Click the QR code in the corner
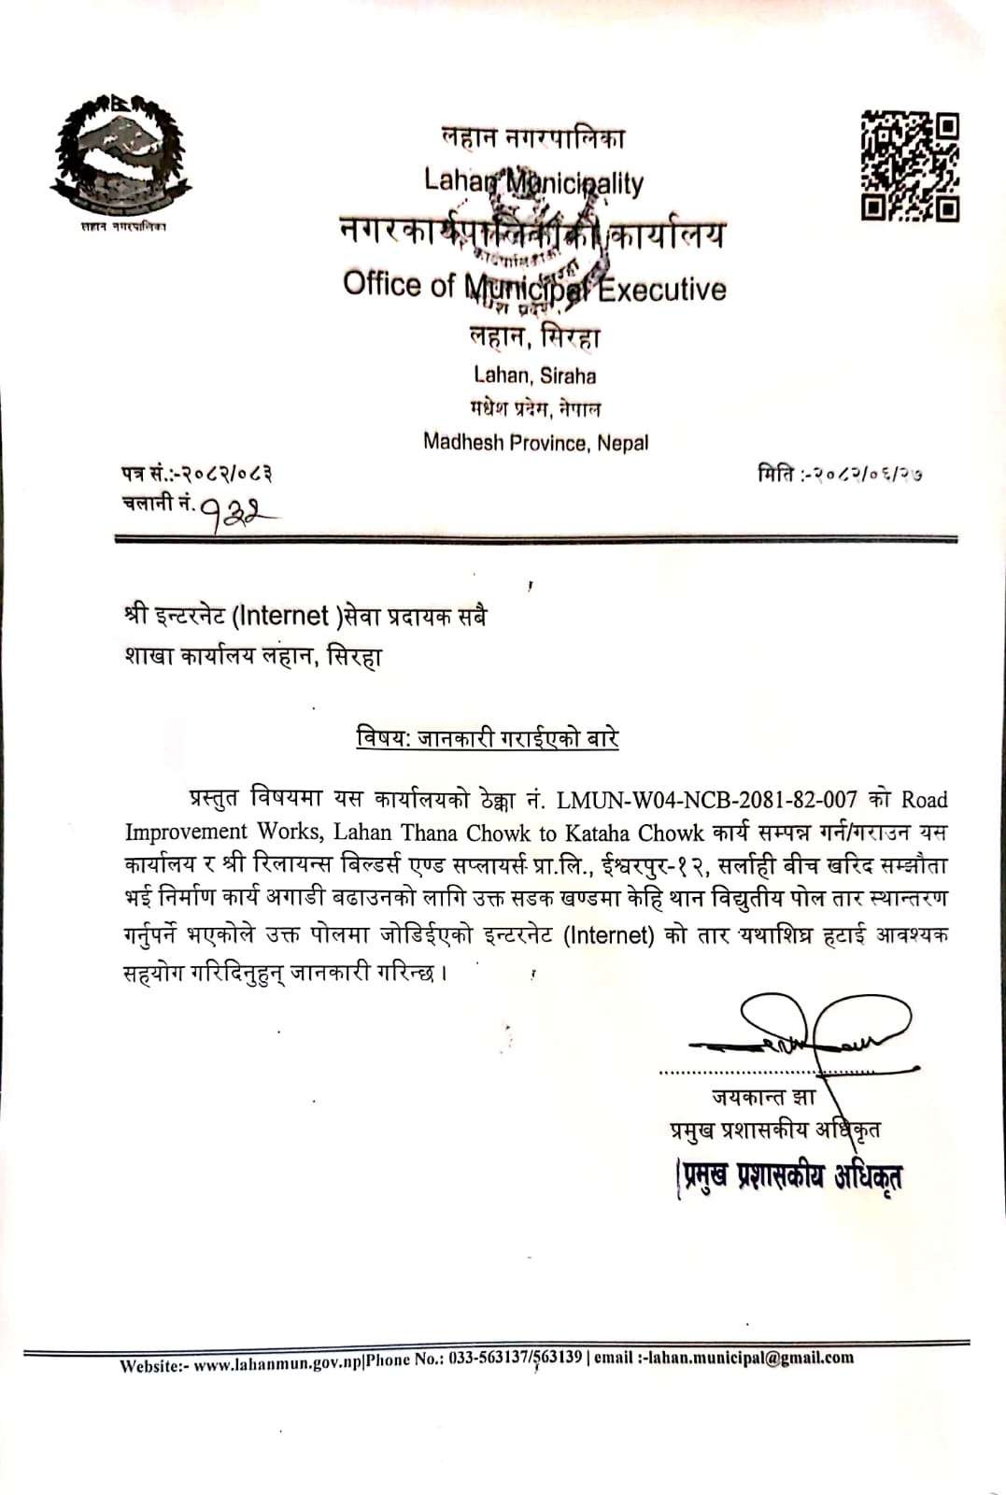pyautogui.click(x=910, y=165)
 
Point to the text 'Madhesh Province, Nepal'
pyautogui.click(x=535, y=442)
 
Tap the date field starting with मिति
pyautogui.click(x=841, y=475)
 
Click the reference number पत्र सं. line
pyautogui.click(x=197, y=475)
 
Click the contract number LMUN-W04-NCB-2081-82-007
pyautogui.click(x=706, y=800)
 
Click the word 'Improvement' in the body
pyautogui.click(x=186, y=833)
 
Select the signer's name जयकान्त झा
pyautogui.click(x=763, y=1096)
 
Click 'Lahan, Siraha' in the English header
pyautogui.click(x=534, y=376)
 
